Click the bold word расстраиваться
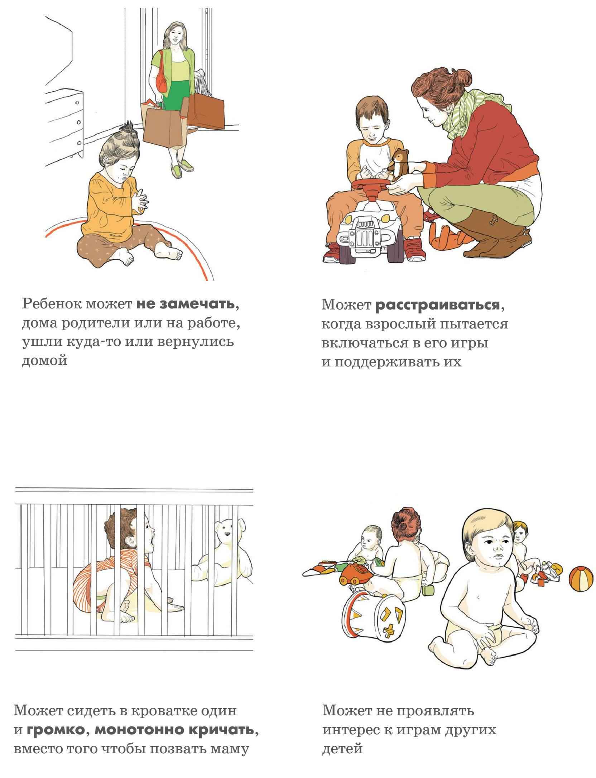pos(437,305)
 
